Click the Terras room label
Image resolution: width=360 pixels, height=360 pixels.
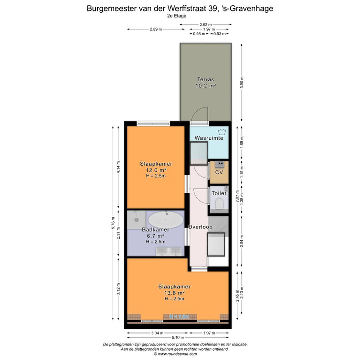point(205,79)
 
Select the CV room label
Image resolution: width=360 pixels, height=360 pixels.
point(219,172)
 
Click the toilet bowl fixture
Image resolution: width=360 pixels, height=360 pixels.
point(219,203)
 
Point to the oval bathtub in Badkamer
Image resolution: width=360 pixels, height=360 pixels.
point(165,220)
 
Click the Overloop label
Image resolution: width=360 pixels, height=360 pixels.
point(200,227)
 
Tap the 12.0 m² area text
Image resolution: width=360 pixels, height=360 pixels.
point(156,170)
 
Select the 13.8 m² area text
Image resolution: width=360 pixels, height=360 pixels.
point(174,293)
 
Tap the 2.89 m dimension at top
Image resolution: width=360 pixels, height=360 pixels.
point(156,29)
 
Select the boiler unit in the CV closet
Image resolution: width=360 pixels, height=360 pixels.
point(219,164)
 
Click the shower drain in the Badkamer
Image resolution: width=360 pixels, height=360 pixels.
point(136,220)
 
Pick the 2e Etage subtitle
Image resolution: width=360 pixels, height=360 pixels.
point(177,16)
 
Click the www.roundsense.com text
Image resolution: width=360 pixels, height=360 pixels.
point(180,354)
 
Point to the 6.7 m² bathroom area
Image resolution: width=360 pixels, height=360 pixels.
point(155,236)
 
